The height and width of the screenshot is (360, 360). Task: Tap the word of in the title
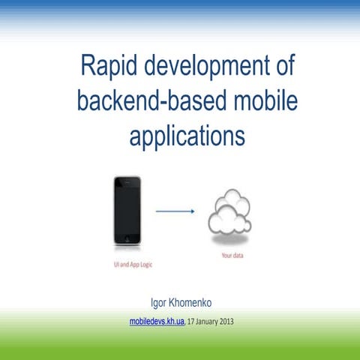281,69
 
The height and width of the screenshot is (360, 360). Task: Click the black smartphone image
127,211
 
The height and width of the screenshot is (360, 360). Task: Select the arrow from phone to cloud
175,211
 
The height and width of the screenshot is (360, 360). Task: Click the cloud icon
230,214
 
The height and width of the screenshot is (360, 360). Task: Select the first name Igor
160,304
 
